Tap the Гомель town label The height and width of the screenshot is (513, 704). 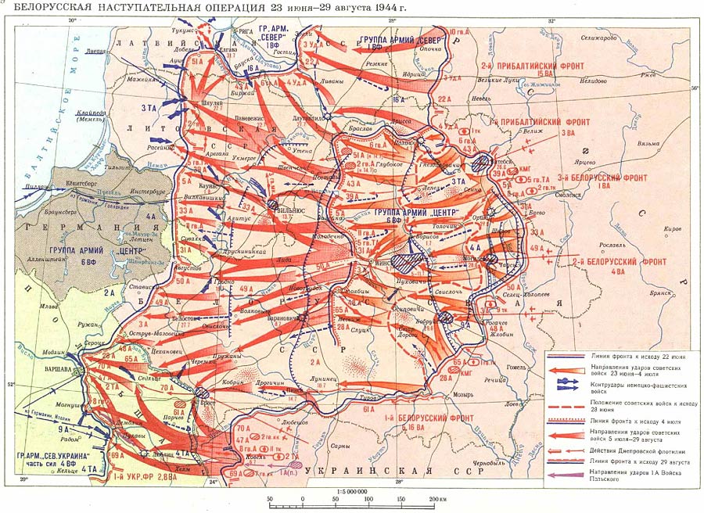click(523, 366)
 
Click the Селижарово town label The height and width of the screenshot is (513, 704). click(602, 38)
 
